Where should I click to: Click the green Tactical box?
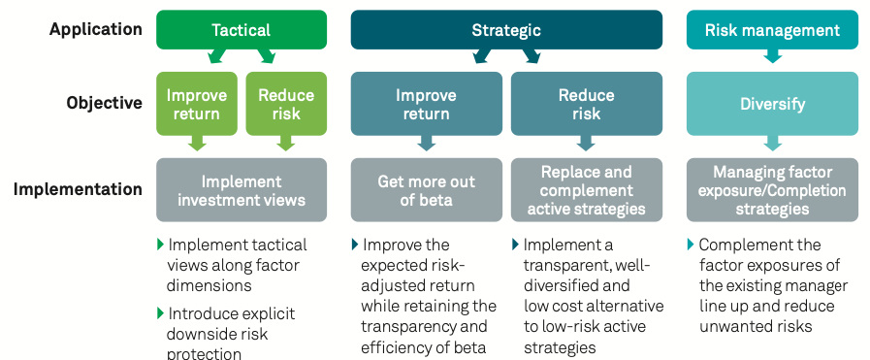[242, 29]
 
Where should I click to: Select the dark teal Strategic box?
[506, 29]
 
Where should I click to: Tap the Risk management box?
[772, 29]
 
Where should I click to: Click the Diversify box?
[772, 104]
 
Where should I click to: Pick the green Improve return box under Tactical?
[197, 104]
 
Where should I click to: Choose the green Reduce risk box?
[286, 104]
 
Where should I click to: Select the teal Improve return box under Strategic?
[426, 104]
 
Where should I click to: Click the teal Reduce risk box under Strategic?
[587, 104]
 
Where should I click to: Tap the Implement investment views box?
[242, 190]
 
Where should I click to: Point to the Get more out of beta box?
[426, 190]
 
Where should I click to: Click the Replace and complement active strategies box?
[587, 190]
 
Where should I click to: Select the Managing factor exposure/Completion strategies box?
[772, 190]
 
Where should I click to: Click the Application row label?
[95, 29]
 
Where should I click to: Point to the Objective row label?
[105, 103]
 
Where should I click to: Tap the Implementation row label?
[78, 189]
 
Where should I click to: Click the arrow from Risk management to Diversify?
[772, 56]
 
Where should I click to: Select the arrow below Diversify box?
[772, 143]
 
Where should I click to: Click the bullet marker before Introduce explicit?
[161, 313]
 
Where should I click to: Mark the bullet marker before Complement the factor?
[691, 245]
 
